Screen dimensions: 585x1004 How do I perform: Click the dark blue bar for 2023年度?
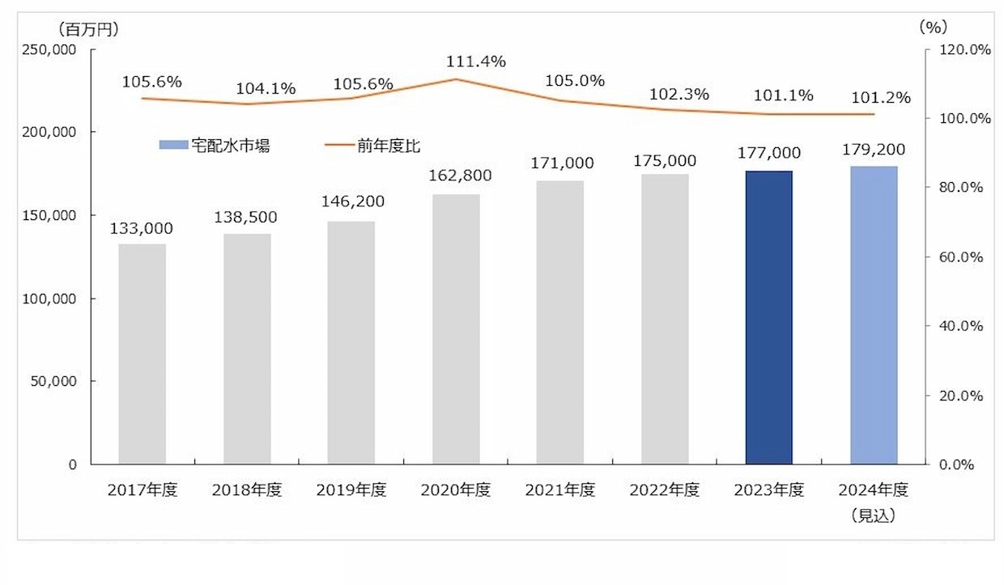click(768, 317)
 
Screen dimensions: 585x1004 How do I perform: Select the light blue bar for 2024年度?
click(874, 315)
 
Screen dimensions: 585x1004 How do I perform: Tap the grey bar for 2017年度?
click(142, 354)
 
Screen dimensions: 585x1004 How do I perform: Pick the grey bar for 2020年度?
click(456, 329)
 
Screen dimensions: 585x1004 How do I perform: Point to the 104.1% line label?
click(266, 89)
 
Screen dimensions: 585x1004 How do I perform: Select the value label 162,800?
click(456, 175)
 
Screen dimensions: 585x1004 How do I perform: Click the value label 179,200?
click(873, 150)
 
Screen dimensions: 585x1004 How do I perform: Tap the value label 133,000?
click(142, 229)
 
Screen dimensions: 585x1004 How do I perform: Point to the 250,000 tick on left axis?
click(52, 49)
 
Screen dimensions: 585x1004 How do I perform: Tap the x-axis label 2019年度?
click(351, 490)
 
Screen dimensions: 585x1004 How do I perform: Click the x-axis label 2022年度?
click(664, 490)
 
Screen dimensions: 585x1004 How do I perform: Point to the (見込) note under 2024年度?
click(873, 516)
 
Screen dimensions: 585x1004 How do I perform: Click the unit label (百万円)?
click(89, 29)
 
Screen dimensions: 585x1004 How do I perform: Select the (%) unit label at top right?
click(933, 27)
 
